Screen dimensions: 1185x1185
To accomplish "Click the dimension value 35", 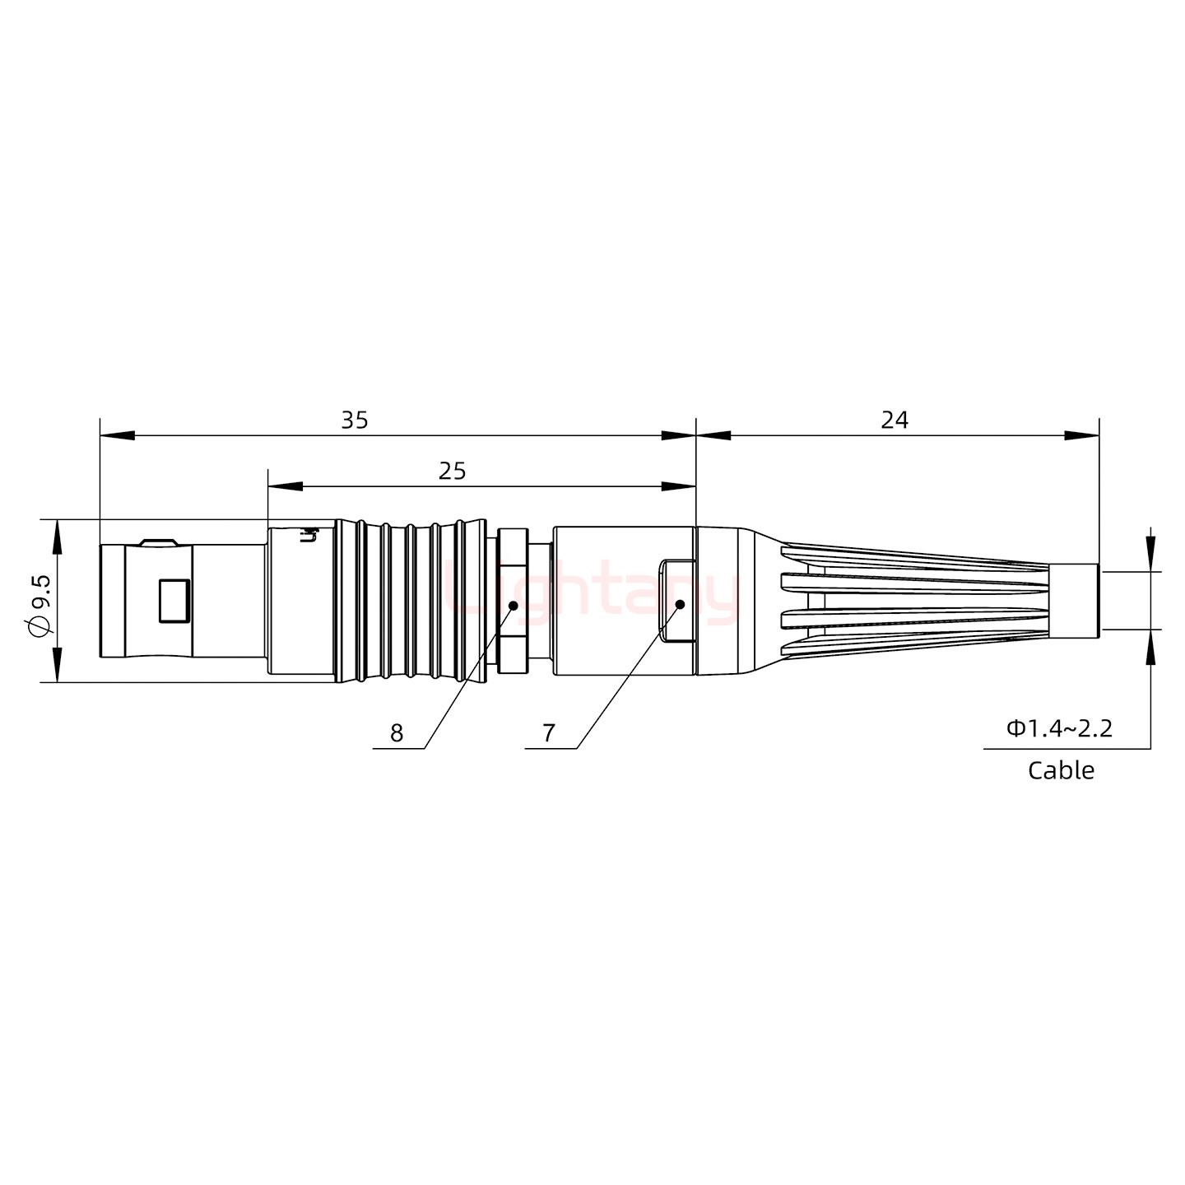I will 355,421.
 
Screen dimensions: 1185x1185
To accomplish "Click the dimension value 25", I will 452,472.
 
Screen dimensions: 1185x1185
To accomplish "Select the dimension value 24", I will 895,421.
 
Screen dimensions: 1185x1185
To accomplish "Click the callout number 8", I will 397,733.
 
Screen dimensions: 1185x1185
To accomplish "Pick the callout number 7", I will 549,733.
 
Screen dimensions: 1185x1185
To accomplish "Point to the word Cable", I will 1061,771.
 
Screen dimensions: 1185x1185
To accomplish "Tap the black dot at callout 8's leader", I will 512,606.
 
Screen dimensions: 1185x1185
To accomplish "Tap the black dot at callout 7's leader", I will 680,605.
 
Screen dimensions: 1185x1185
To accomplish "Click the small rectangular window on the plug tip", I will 174,600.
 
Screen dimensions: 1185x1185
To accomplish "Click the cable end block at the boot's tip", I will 1076,601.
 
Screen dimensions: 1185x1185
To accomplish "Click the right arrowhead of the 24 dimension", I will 1081,435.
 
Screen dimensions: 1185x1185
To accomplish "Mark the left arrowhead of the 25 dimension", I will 285,487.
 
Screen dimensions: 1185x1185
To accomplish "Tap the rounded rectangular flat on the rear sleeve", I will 677,601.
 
